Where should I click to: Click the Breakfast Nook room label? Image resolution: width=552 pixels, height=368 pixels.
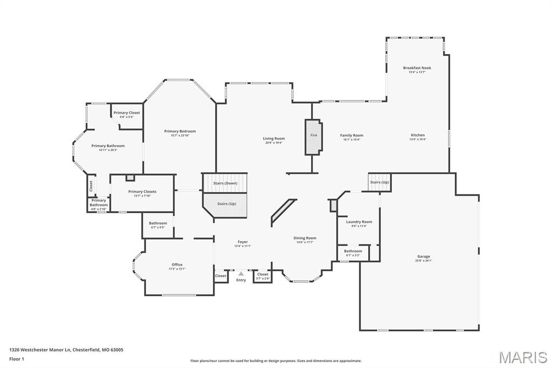[417, 68]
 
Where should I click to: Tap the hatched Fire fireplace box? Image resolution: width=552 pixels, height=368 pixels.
[313, 137]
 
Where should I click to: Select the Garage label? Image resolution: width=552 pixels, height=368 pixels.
[423, 256]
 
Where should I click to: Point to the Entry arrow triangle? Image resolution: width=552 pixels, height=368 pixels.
[241, 274]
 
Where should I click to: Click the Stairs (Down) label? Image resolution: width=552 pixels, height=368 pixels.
[225, 183]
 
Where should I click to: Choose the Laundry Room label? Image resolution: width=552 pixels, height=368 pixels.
[358, 222]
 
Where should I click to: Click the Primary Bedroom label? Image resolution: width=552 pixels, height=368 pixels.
[180, 131]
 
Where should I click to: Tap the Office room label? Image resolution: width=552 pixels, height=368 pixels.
[177, 264]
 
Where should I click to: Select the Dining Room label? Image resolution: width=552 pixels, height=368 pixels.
[305, 238]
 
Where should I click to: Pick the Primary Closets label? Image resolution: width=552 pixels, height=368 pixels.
[142, 192]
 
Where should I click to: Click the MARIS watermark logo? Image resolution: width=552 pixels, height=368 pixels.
[523, 357]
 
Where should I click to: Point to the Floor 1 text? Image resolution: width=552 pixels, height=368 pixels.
[18, 358]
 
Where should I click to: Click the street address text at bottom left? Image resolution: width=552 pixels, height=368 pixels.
[66, 350]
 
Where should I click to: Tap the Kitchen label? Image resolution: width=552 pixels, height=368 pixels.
[417, 135]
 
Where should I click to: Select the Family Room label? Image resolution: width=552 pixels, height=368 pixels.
[351, 135]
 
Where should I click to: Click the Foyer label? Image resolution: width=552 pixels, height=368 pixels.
[243, 242]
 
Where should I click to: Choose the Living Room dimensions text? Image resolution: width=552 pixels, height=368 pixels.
[273, 143]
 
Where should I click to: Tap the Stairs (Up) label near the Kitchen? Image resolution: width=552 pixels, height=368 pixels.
[379, 182]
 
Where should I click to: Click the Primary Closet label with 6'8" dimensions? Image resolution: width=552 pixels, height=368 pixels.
[126, 113]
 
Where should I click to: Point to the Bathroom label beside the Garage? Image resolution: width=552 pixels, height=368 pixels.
[353, 251]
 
